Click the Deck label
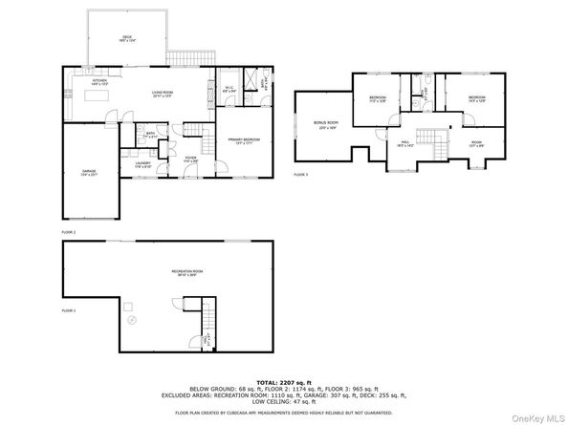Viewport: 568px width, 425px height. (x=125, y=38)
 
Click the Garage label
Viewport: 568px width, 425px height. (x=89, y=173)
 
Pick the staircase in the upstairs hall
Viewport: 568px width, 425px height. (x=435, y=143)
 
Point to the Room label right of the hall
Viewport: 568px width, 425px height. (x=474, y=143)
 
